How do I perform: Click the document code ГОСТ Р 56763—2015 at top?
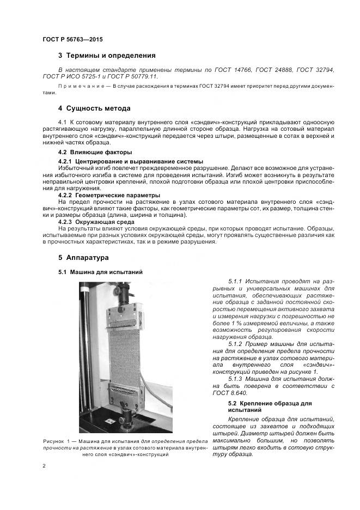point(72,39)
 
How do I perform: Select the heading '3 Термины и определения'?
point(107,56)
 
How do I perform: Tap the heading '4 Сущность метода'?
point(94,108)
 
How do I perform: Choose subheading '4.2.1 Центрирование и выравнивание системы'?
point(131,161)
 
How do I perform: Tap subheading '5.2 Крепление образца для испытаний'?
point(270,406)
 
